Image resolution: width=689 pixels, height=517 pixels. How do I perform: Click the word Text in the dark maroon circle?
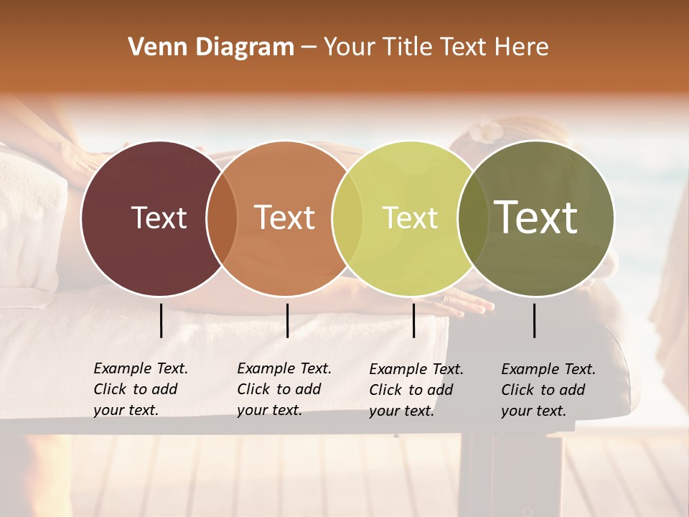coord(159,218)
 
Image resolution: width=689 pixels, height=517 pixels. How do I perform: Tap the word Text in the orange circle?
coord(285,218)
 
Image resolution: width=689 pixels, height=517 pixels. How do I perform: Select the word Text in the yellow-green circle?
coord(410,218)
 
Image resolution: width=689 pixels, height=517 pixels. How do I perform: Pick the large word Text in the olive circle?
coord(536,217)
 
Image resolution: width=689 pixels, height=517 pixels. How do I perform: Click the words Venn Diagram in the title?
coord(211,47)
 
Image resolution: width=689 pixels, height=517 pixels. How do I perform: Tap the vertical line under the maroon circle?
coord(161,320)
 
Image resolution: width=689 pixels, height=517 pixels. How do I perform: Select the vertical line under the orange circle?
coord(287,320)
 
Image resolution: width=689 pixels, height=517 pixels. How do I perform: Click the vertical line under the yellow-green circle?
coord(413,320)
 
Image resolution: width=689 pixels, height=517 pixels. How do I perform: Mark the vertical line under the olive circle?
coord(534,320)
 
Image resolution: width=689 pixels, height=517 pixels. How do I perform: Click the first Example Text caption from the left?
coord(141,389)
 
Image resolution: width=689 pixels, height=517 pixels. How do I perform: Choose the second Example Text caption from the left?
coord(284,389)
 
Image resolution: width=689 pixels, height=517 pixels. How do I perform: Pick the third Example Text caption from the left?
coord(416,390)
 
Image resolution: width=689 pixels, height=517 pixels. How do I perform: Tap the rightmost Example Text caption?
coord(548,390)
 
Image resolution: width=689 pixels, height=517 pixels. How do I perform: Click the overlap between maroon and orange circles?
coord(222,218)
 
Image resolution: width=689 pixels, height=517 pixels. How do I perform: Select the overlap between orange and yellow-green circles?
coord(347,218)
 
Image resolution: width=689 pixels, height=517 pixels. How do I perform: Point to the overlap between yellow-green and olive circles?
coord(472,218)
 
